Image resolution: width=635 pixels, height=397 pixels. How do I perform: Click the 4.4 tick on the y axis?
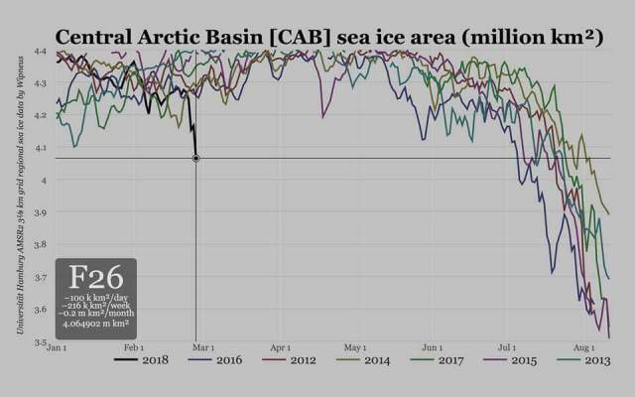click(x=40, y=51)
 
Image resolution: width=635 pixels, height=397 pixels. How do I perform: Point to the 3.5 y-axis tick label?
click(x=40, y=342)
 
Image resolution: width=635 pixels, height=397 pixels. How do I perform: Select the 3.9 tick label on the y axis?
click(x=40, y=212)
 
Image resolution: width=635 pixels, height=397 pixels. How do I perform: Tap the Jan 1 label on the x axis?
click(x=57, y=348)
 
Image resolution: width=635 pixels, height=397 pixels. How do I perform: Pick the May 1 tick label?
click(x=355, y=348)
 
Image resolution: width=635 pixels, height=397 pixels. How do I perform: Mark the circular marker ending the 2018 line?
click(x=195, y=158)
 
